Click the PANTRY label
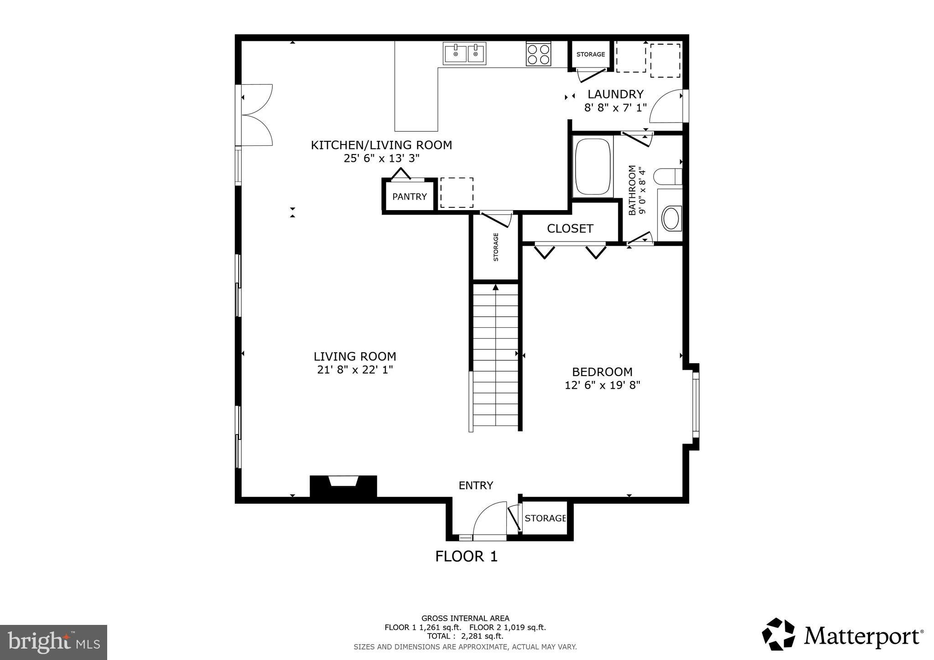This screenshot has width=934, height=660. (409, 196)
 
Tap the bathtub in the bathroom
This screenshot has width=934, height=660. (592, 167)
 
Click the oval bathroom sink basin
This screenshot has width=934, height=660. (671, 218)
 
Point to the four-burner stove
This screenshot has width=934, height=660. (538, 54)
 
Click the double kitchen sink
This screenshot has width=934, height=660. (464, 54)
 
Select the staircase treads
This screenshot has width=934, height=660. (495, 356)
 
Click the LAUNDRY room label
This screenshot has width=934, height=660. (615, 94)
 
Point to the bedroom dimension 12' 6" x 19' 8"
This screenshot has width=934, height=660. (602, 385)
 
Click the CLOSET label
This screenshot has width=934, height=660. (570, 228)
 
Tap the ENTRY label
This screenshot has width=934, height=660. (476, 485)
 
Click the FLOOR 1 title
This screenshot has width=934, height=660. (466, 557)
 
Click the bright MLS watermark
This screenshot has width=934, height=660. (53, 642)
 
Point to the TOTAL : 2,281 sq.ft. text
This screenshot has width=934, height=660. (465, 636)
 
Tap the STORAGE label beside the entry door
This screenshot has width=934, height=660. (545, 518)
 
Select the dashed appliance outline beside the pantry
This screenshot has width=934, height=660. (457, 193)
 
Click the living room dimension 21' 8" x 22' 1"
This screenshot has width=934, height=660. (355, 370)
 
